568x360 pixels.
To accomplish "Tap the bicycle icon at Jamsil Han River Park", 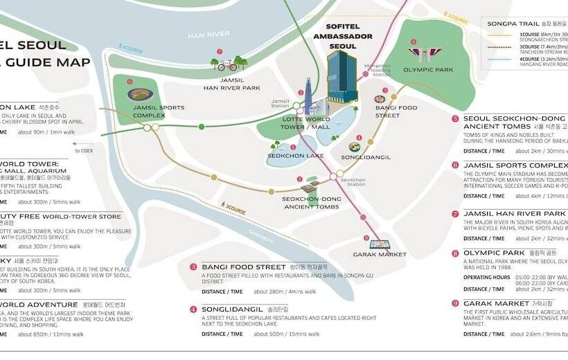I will [227, 65].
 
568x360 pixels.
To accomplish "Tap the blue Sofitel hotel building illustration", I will [342, 76].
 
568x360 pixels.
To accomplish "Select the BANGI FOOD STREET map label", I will [396, 111].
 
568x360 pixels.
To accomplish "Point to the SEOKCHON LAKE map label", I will [296, 156].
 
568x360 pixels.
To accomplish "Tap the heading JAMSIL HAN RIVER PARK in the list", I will [513, 214].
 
